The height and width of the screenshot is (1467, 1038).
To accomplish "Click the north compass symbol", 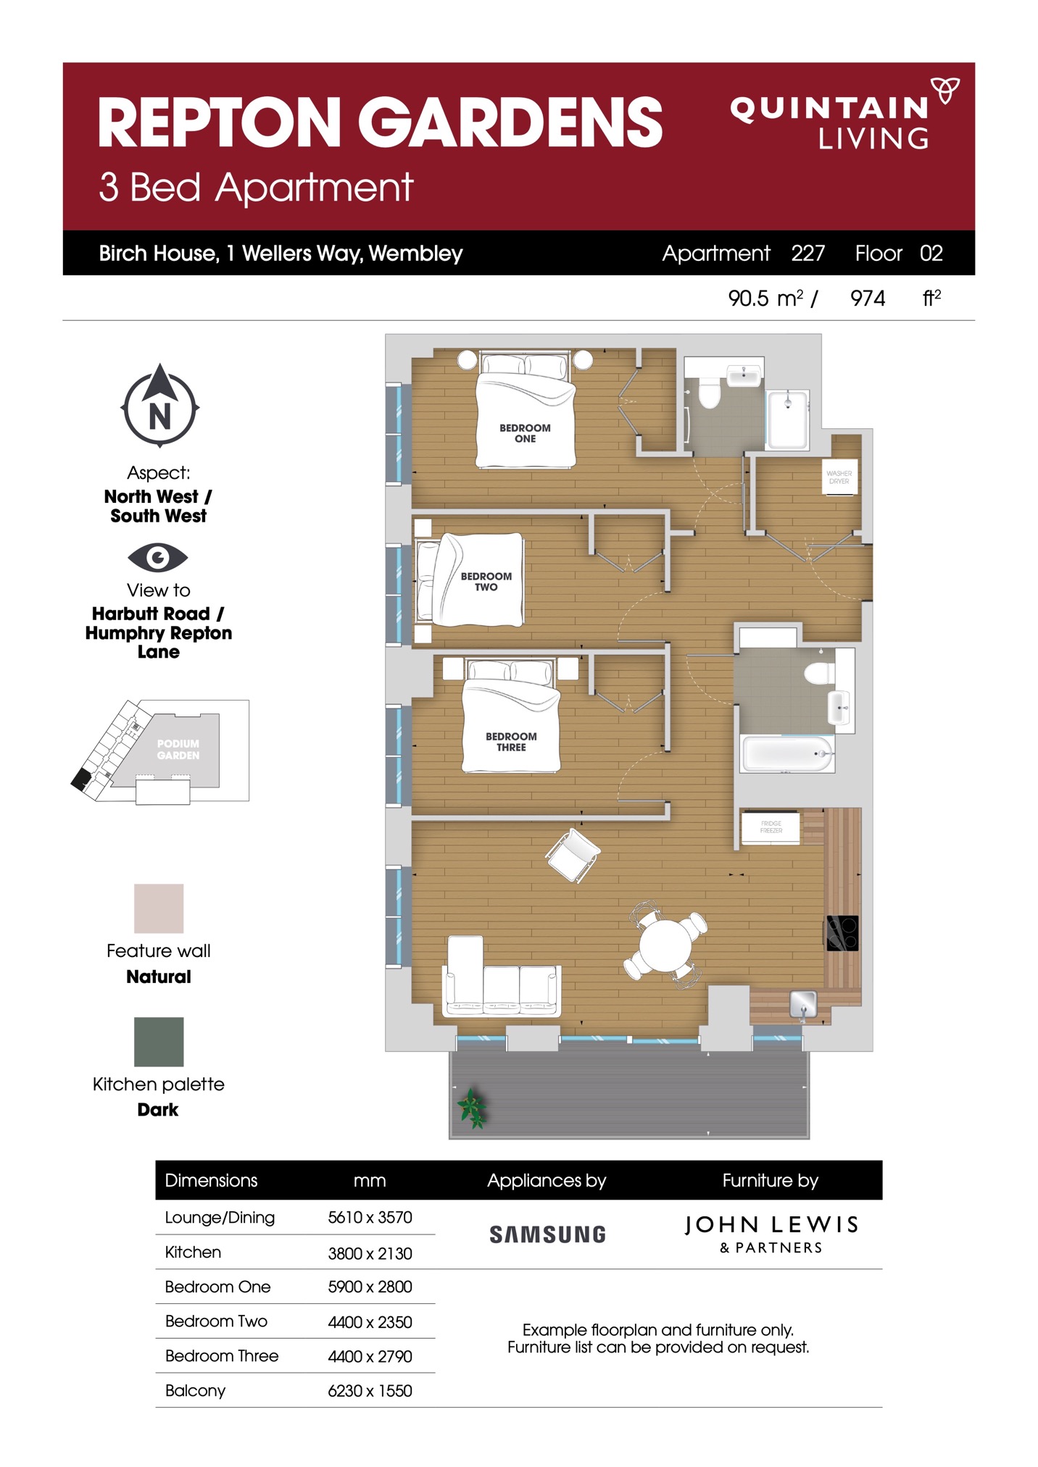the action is (159, 406).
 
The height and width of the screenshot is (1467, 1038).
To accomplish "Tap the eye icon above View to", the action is (158, 557).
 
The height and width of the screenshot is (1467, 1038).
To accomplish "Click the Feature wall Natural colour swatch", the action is (159, 908).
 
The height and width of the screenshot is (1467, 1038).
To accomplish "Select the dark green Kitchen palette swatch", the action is (159, 1042).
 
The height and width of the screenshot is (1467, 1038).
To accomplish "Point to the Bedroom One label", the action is (525, 433).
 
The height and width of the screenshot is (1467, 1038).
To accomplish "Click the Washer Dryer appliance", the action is (839, 477).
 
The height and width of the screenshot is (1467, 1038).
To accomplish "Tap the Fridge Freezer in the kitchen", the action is (771, 827).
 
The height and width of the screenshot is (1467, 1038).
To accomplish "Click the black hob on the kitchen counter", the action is (842, 933).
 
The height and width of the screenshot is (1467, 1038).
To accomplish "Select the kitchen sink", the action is (803, 1005).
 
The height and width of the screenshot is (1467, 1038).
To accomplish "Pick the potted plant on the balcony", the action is (472, 1108).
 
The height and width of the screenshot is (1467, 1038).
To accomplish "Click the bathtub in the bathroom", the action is (787, 754).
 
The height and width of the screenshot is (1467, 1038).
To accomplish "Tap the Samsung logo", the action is (547, 1234).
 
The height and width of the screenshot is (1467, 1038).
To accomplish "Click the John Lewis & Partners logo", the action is (771, 1234).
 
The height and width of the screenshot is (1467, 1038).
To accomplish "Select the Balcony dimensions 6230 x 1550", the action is (370, 1391).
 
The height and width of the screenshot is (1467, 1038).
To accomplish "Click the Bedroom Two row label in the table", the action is (216, 1321).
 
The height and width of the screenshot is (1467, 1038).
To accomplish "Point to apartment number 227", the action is (807, 253).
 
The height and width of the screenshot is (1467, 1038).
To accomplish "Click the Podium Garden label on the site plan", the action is (178, 749).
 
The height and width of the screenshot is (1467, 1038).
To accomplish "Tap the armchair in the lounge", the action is (573, 855).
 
